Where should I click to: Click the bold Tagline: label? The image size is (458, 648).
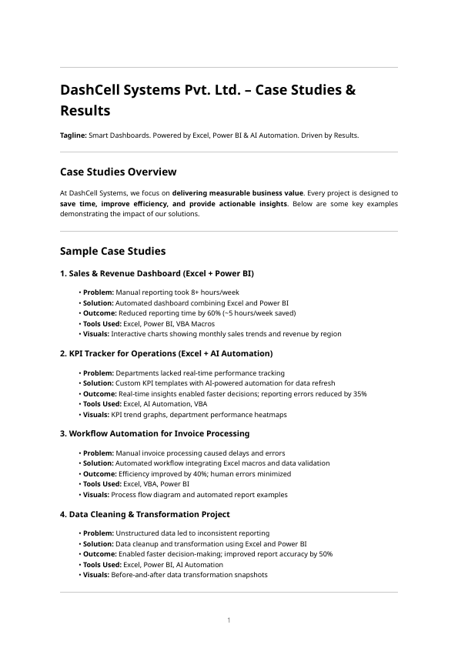74,135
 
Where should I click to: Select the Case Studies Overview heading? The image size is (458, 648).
118,172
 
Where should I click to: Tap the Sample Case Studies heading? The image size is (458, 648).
112,251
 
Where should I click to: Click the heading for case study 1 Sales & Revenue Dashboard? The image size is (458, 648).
157,273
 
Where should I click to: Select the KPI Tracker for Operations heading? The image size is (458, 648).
166,353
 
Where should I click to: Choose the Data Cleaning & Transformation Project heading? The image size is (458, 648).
145,513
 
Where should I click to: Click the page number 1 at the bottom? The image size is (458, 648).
229,620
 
